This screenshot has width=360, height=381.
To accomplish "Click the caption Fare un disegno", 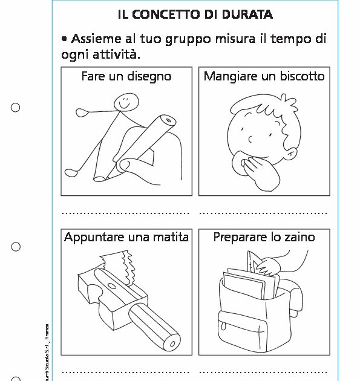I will (126, 76).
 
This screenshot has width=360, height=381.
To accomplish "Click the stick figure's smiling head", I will (126, 102).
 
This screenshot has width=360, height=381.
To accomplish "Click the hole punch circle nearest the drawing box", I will (16, 108).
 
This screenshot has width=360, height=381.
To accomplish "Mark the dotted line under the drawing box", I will (126, 213).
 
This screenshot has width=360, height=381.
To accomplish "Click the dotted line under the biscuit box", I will (263, 213).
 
